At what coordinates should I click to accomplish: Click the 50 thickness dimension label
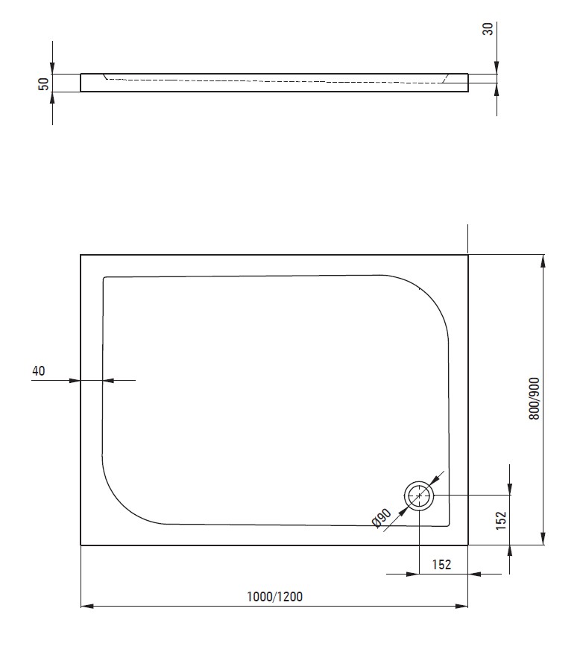[x=44, y=83]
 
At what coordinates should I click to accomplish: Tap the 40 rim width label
[x=38, y=370]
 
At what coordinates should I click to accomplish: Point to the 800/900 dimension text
[x=535, y=399]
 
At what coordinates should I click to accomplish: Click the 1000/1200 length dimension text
[x=274, y=597]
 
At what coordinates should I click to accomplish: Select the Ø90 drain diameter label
[x=381, y=518]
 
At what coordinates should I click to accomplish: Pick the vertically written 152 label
[x=500, y=520]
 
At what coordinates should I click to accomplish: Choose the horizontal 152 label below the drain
[x=441, y=564]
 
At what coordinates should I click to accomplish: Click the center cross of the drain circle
[x=419, y=496]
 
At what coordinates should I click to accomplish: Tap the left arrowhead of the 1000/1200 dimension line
[x=86, y=607]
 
